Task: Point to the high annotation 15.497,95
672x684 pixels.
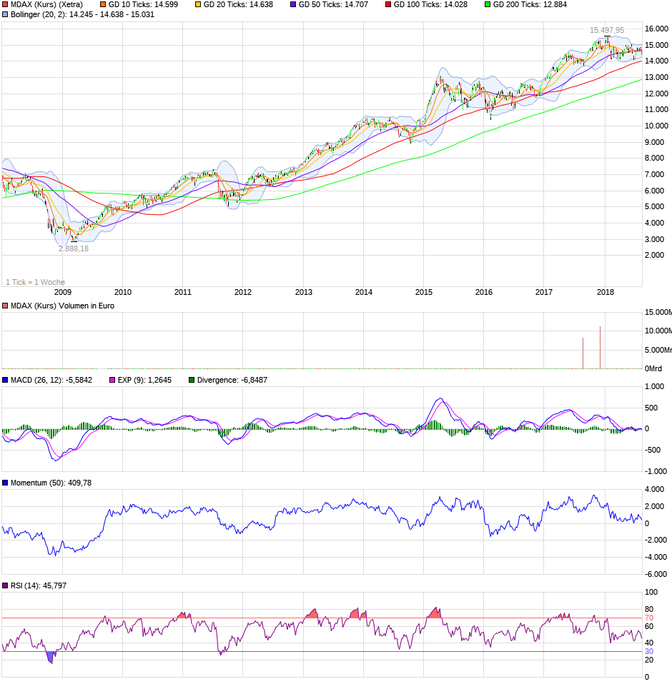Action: click(606, 30)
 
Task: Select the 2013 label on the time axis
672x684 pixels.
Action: click(304, 292)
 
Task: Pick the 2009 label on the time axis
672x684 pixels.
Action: click(63, 292)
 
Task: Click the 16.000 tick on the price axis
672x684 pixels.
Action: click(656, 29)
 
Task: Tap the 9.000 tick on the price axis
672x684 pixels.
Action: click(656, 142)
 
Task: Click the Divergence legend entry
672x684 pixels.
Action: click(227, 380)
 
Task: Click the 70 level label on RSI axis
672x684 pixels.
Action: click(649, 618)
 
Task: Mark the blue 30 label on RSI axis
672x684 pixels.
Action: click(649, 651)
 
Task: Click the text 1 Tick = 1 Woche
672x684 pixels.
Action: click(35, 282)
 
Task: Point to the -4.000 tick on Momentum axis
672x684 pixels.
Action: click(656, 557)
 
